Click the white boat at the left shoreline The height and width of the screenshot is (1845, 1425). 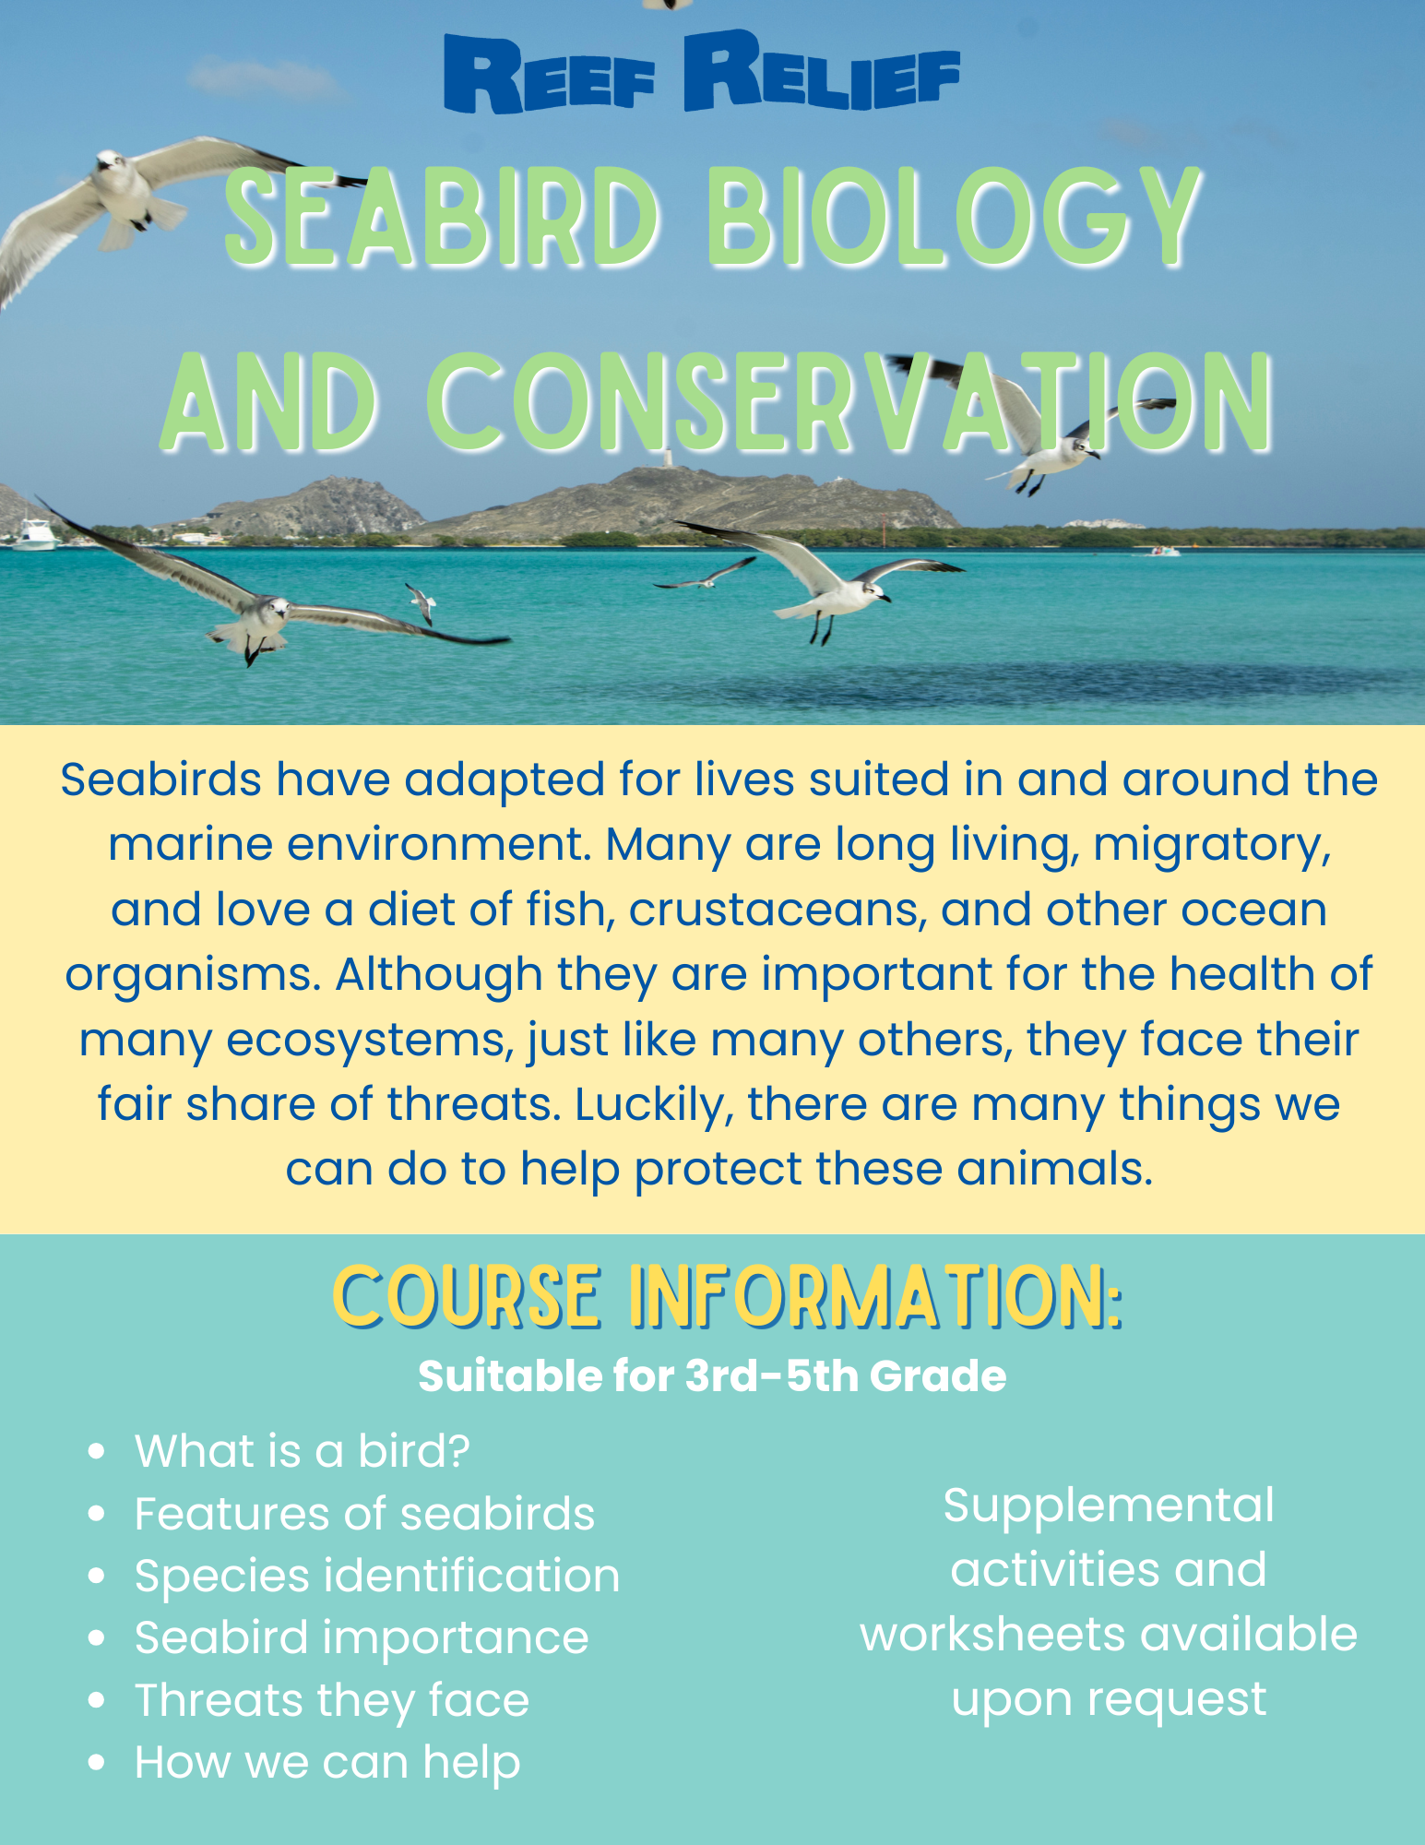[35, 535]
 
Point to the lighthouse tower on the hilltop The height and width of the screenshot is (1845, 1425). [667, 458]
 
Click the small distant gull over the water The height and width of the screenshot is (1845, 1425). [422, 603]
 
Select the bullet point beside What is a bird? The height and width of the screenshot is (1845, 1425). [96, 1451]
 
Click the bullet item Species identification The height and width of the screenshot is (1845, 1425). [377, 1575]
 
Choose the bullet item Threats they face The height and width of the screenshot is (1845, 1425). [332, 1701]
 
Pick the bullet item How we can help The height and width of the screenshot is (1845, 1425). [327, 1763]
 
